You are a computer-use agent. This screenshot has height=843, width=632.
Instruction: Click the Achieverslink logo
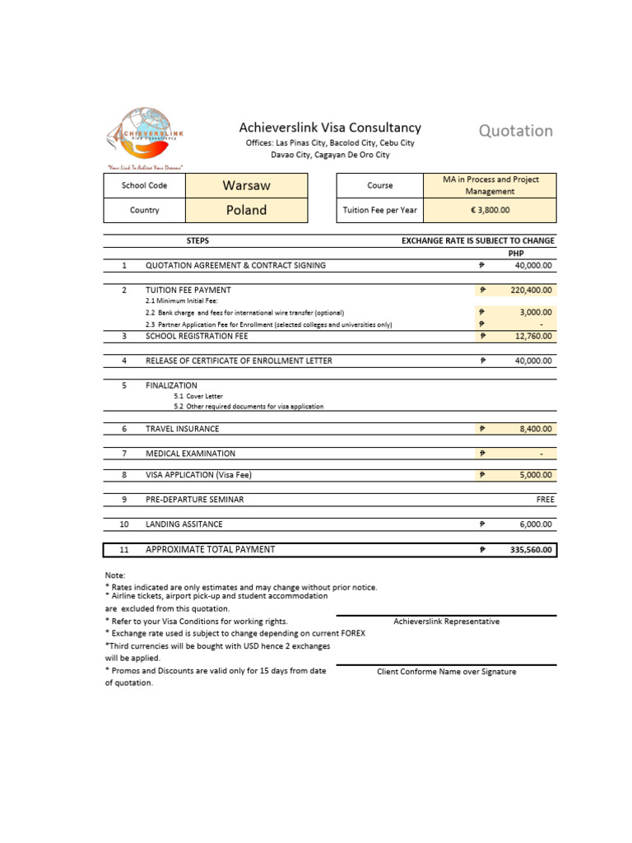(x=144, y=137)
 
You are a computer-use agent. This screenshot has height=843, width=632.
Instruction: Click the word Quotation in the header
(x=516, y=130)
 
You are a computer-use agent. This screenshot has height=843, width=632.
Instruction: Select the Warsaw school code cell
(x=247, y=185)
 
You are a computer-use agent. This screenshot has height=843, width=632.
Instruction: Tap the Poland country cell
(x=247, y=210)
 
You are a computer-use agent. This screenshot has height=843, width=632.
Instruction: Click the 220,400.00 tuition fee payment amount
(x=532, y=290)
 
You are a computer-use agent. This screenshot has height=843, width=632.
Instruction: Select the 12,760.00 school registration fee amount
(x=533, y=336)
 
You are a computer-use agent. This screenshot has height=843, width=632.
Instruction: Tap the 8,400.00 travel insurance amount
(x=535, y=429)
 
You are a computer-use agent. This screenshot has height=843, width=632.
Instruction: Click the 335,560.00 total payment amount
(x=531, y=550)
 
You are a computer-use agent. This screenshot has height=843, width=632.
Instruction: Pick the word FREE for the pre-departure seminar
(x=545, y=499)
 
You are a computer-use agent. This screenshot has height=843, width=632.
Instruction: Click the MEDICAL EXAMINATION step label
(x=190, y=454)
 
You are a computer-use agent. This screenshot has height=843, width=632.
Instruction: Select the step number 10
(x=124, y=524)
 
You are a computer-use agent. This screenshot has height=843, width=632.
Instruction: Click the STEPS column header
(x=197, y=240)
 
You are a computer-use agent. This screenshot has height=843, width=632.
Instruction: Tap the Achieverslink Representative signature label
(x=446, y=622)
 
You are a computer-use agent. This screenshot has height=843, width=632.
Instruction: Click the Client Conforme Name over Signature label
(x=446, y=672)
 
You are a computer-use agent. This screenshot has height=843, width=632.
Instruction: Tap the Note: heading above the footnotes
(x=115, y=575)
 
